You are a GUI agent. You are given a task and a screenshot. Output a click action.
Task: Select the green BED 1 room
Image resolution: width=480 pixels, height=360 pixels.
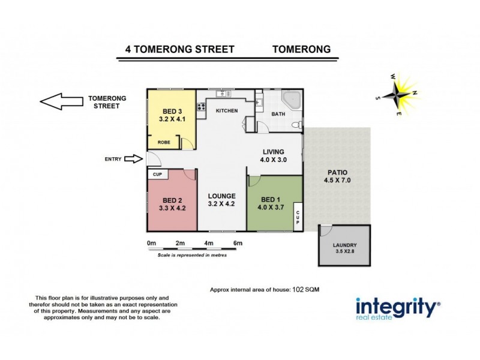pos(270,204)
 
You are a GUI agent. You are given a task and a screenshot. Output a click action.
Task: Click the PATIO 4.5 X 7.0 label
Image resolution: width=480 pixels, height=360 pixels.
pos(337,175)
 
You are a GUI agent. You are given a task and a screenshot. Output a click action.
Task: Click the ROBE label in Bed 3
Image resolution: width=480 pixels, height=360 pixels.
pos(163,142)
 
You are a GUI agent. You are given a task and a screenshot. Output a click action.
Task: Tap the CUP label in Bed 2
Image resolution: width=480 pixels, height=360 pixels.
pos(158,175)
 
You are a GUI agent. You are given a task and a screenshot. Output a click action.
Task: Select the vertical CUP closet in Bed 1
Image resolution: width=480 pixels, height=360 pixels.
pos(297,216)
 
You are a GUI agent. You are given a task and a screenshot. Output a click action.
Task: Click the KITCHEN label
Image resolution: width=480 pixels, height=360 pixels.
pos(227,111)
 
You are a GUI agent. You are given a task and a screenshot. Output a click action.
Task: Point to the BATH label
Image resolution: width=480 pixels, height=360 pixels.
pos(278,114)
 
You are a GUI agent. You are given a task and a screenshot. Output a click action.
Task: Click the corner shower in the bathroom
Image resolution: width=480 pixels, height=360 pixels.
pos(292,100)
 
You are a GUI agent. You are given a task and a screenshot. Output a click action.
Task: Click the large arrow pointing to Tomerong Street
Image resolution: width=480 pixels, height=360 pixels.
pos(60,102)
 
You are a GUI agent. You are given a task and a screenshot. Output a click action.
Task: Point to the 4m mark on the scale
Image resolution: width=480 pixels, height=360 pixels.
pos(209,242)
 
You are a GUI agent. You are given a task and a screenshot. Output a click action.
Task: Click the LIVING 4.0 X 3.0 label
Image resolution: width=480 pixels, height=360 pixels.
pos(273,156)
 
